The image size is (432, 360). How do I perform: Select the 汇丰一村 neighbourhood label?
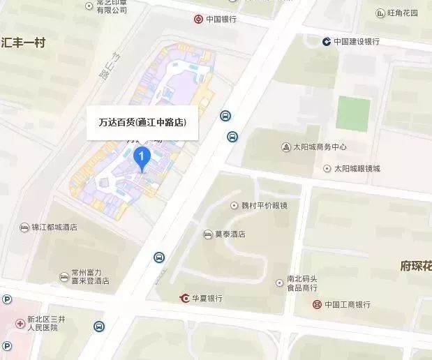[x=23, y=43]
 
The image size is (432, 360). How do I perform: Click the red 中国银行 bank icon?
[x=199, y=19]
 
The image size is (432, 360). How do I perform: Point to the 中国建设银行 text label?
[x=356, y=41]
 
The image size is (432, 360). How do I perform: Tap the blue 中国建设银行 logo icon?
[x=326, y=41]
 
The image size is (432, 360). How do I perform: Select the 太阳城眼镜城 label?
[x=357, y=168]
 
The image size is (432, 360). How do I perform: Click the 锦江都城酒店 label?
[x=54, y=227]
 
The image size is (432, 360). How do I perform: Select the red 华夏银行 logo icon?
[x=184, y=298]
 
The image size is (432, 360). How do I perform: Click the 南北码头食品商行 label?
[x=306, y=283]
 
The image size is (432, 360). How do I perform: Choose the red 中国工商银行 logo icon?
[x=317, y=304]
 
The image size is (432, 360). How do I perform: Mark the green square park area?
[x=354, y=112]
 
